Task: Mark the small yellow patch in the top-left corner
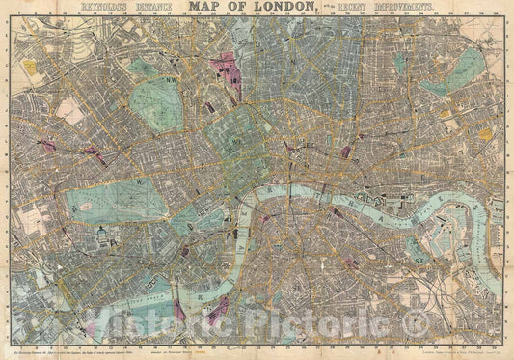tap(30, 68)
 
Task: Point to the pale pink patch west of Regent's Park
tap(94, 152)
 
